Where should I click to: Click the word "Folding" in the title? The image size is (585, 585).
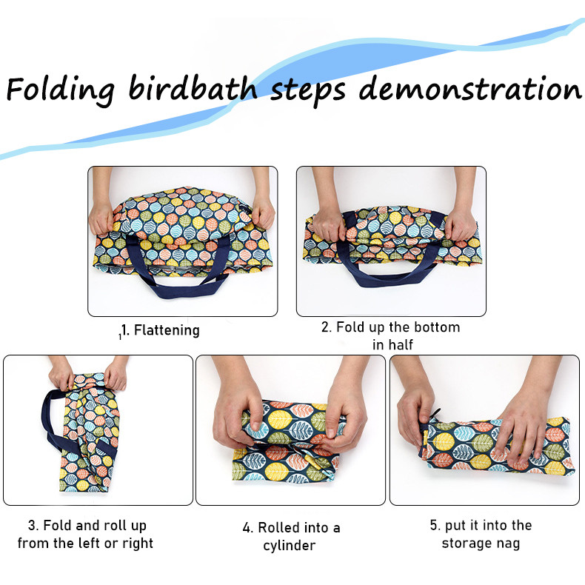point(61,90)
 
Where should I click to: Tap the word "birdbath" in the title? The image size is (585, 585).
point(193,88)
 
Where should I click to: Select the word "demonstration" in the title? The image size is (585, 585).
point(470,88)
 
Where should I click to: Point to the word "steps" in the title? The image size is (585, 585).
point(308,91)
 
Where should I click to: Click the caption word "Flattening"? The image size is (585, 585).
point(167,330)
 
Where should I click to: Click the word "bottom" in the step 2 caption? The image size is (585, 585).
point(437,327)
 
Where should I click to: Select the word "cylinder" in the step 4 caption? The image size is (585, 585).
point(289,546)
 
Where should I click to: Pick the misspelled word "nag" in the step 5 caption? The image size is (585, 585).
point(508,544)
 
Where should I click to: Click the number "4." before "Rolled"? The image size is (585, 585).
point(249,528)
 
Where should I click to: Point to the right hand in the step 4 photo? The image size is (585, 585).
point(345,414)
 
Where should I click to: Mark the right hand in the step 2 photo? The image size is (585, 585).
point(461,223)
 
